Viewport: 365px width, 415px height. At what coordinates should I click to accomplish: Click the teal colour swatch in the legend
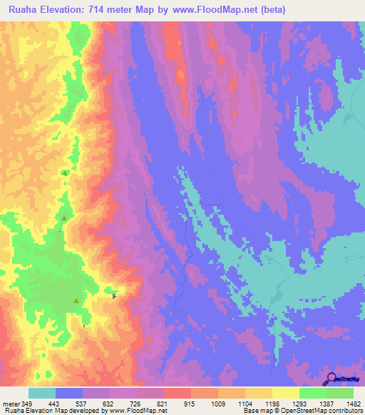point(42,393)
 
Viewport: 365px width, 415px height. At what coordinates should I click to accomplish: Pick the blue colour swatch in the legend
point(69,393)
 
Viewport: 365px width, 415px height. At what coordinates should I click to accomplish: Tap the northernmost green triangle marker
point(65,173)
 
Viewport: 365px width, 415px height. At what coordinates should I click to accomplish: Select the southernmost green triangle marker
point(76,301)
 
